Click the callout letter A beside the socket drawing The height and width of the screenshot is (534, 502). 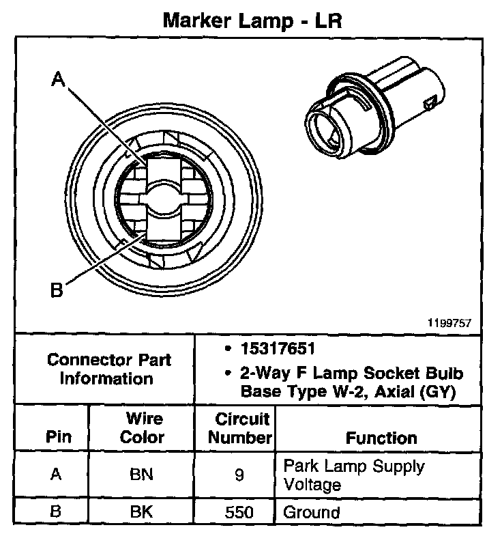pyautogui.click(x=59, y=81)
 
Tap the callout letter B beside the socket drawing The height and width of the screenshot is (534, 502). pyautogui.click(x=57, y=291)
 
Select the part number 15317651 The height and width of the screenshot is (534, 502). pyautogui.click(x=277, y=349)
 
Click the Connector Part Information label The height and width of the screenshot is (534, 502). pyautogui.click(x=108, y=369)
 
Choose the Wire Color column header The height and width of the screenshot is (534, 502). pyautogui.click(x=142, y=427)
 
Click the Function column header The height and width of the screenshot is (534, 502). pyautogui.click(x=381, y=438)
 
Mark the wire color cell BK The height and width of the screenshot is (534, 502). pyautogui.click(x=142, y=511)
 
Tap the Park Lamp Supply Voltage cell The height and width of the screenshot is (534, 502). pyautogui.click(x=353, y=476)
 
